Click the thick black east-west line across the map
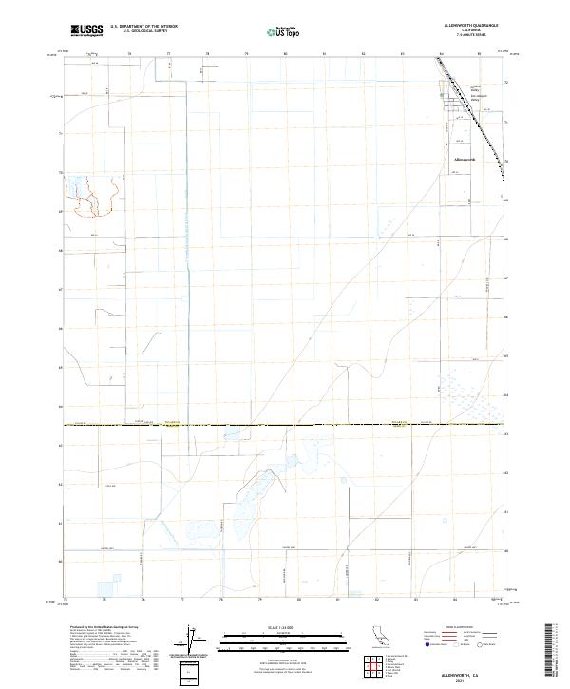click(285, 425)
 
